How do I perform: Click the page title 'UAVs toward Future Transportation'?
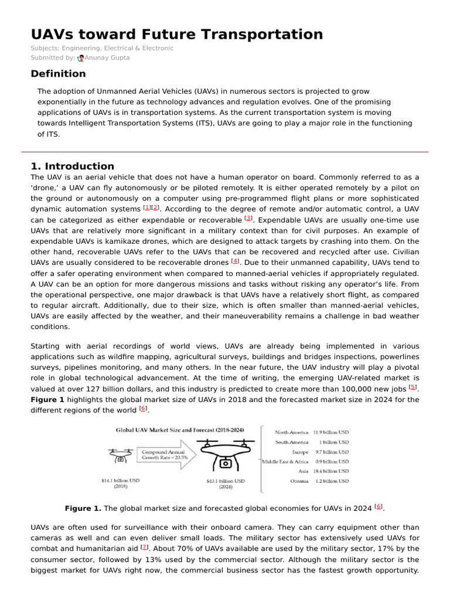[x=176, y=34]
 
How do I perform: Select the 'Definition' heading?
[x=58, y=74]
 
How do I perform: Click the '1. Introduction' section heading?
[x=72, y=166]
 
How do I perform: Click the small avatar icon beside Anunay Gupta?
[x=80, y=58]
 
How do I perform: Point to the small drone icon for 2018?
[x=120, y=455]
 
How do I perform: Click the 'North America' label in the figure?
[x=291, y=432]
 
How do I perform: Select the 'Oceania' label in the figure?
[x=299, y=481]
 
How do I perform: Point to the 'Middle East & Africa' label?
[x=285, y=462]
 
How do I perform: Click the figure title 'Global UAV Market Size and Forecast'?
[x=179, y=429]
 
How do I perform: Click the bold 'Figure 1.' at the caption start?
[x=83, y=508]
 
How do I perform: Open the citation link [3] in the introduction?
[x=248, y=219]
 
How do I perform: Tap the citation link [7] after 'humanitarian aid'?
[x=144, y=548]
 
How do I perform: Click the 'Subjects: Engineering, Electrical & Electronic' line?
[x=102, y=48]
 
